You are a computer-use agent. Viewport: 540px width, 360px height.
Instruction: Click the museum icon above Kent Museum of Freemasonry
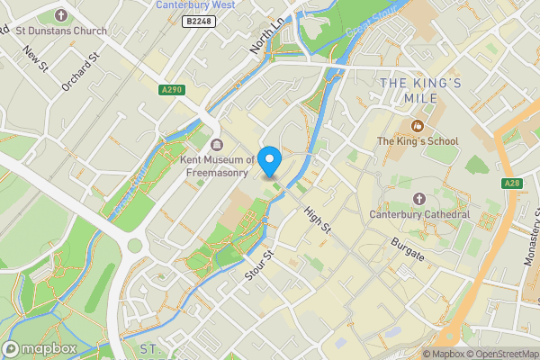(x=216, y=146)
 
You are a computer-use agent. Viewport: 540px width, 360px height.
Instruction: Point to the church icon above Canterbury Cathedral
(x=418, y=198)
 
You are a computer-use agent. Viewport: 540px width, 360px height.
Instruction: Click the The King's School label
(x=417, y=141)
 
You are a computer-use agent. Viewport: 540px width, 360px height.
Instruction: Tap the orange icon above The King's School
(x=417, y=125)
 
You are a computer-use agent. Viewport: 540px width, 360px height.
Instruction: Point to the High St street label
(x=318, y=220)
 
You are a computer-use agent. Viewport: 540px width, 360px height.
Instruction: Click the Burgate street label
(x=407, y=244)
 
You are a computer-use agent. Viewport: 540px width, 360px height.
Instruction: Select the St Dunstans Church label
(x=61, y=31)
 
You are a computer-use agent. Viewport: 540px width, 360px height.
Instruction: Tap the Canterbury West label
(x=195, y=4)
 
